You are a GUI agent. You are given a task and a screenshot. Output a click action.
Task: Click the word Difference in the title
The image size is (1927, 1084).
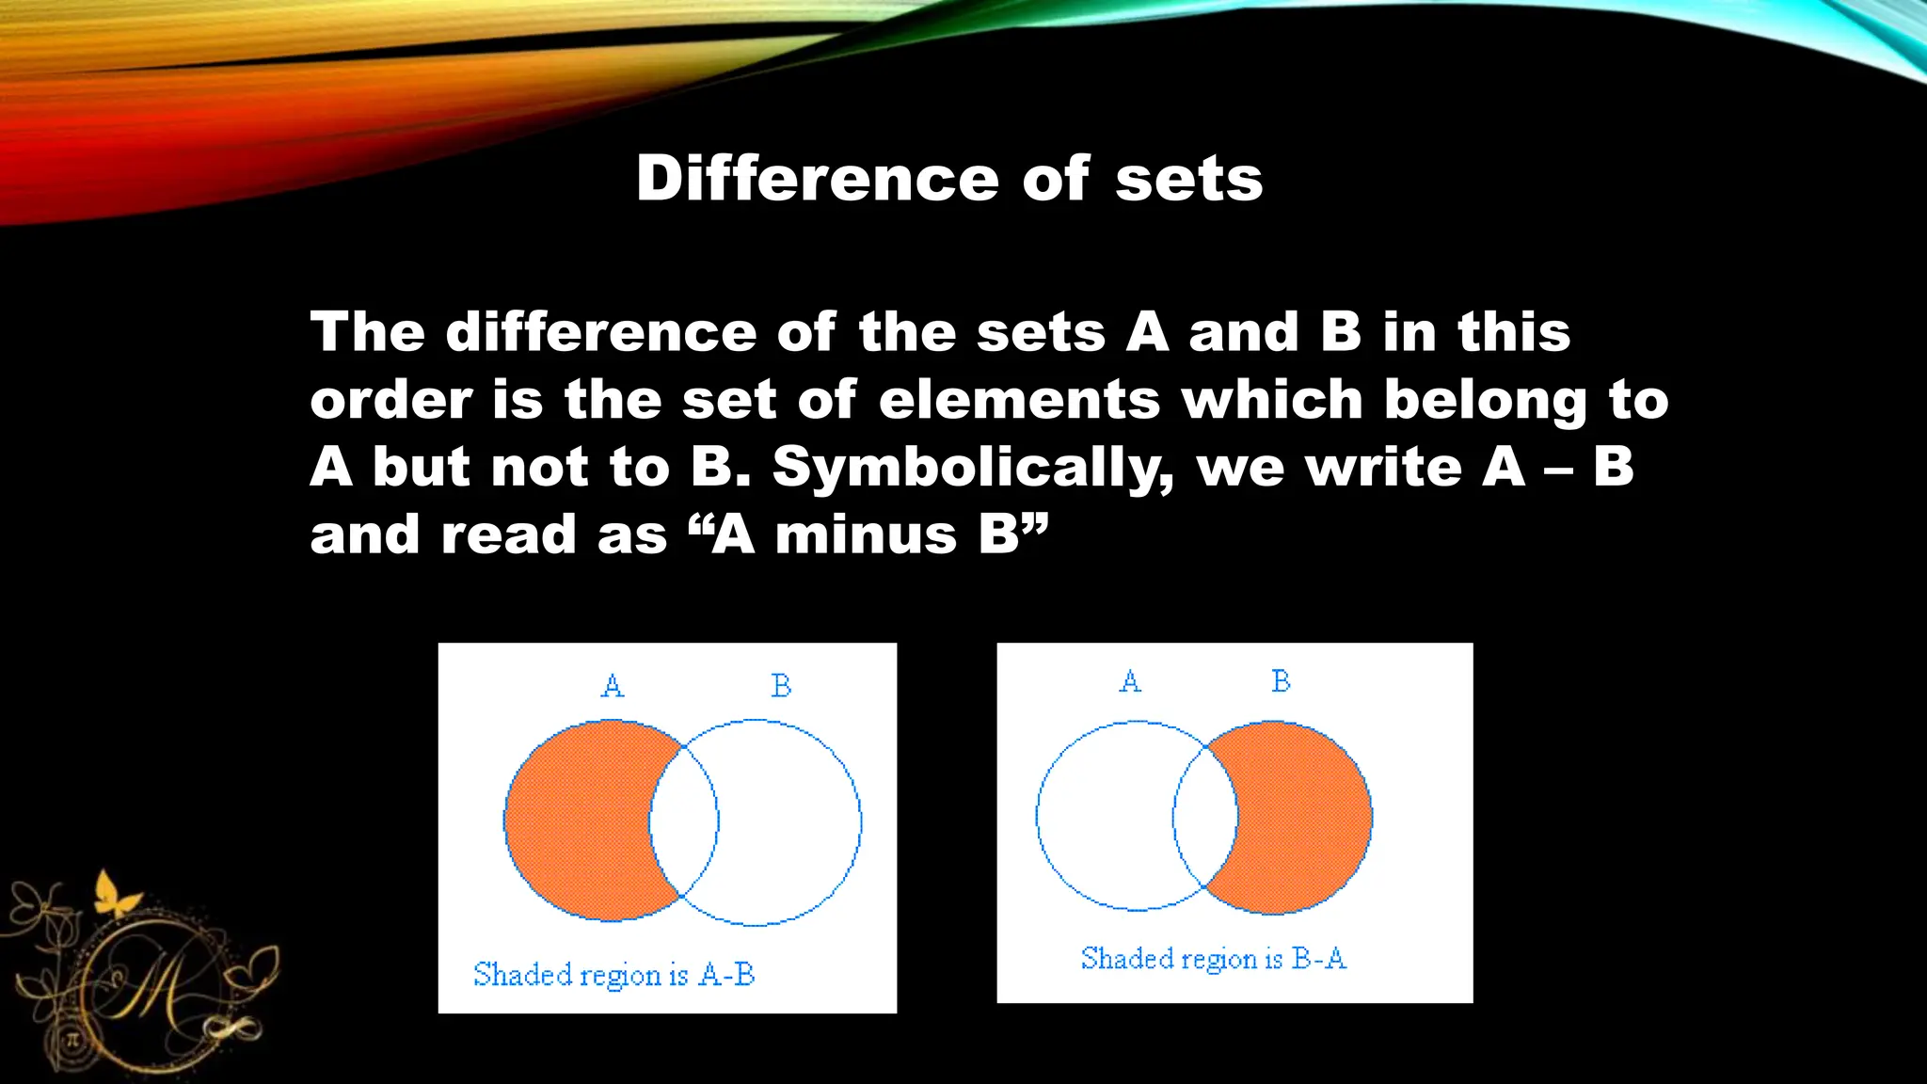pyautogui.click(x=817, y=179)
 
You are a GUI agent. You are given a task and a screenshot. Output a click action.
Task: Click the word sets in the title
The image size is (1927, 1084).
pyautogui.click(x=1188, y=179)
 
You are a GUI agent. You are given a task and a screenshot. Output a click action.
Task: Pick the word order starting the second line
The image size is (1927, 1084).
pyautogui.click(x=391, y=400)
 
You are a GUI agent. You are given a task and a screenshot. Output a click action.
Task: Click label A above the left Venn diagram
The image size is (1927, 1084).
pyautogui.click(x=613, y=685)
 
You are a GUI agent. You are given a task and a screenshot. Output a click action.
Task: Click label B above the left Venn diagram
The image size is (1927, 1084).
pyautogui.click(x=781, y=685)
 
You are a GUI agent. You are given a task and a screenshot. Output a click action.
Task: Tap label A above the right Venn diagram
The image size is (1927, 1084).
pyautogui.click(x=1131, y=680)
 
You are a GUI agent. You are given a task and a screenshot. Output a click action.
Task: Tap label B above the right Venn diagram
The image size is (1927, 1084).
pyautogui.click(x=1281, y=680)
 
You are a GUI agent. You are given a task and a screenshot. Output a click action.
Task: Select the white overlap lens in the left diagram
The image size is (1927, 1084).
pyautogui.click(x=684, y=821)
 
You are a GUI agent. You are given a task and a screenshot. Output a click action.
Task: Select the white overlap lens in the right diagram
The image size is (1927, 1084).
pyautogui.click(x=1205, y=817)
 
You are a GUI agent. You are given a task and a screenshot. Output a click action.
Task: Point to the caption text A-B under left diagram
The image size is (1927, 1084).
pyautogui.click(x=726, y=975)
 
